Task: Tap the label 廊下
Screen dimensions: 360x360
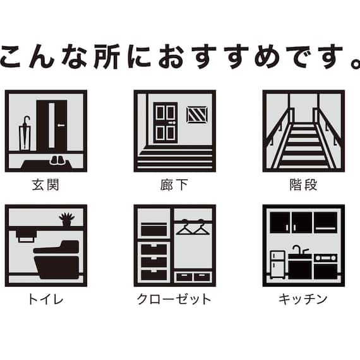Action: (x=174, y=185)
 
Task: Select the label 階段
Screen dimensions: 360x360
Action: (x=303, y=185)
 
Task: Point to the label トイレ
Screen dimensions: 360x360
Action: (x=45, y=299)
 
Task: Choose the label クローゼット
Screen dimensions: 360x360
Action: (x=174, y=299)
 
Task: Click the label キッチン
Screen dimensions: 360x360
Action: (x=303, y=299)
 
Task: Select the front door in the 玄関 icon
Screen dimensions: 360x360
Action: (x=51, y=126)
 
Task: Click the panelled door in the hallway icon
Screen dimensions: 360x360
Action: (x=165, y=123)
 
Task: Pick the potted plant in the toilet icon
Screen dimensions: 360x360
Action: (x=67, y=220)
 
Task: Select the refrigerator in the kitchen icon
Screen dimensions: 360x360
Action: (x=277, y=265)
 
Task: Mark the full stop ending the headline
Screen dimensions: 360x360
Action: (x=353, y=64)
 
